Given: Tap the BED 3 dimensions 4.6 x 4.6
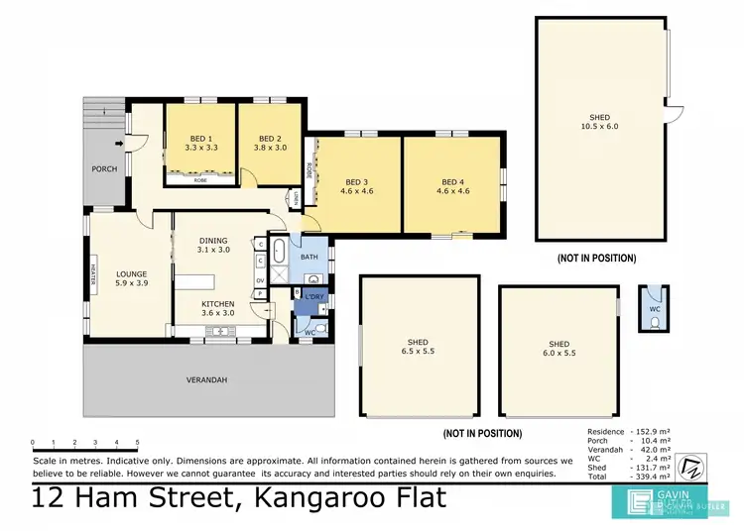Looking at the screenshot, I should (x=358, y=190).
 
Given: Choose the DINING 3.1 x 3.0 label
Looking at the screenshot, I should (x=213, y=245).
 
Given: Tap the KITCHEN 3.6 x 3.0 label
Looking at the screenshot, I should (x=217, y=308).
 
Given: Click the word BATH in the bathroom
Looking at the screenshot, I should (x=310, y=257).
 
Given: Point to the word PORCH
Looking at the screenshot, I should (x=104, y=169).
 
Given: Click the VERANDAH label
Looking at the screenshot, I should (x=206, y=380).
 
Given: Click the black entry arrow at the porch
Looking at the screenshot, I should (x=120, y=146).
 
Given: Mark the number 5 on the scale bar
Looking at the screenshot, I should (x=137, y=442).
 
